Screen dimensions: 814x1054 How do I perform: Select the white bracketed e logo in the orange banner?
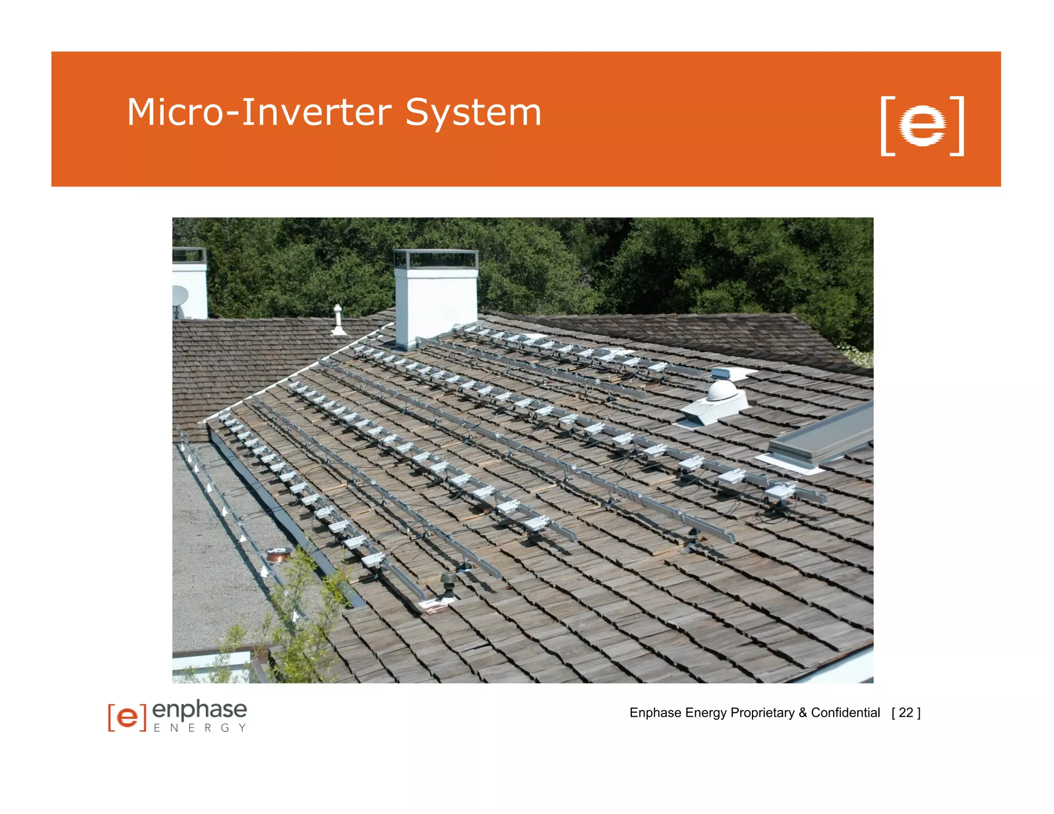pos(922,126)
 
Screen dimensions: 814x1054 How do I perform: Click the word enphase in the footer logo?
pos(200,710)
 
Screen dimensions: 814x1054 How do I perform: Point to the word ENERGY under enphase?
pos(200,728)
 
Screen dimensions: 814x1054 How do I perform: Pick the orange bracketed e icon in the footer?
pos(127,717)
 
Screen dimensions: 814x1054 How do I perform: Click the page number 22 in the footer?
pos(906,713)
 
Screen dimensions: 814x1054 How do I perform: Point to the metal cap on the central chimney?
pos(435,259)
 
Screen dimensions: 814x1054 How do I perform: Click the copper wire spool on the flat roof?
pos(279,555)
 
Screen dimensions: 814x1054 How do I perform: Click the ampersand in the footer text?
pos(802,713)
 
